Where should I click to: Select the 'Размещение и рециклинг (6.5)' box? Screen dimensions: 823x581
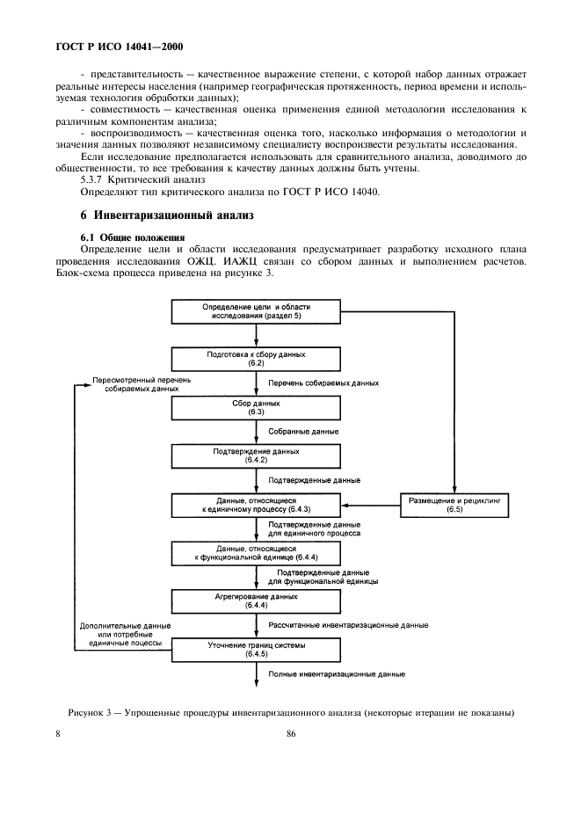[454, 504]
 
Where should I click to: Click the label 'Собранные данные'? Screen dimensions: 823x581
[303, 432]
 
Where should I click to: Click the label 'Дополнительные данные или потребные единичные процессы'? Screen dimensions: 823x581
[125, 634]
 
